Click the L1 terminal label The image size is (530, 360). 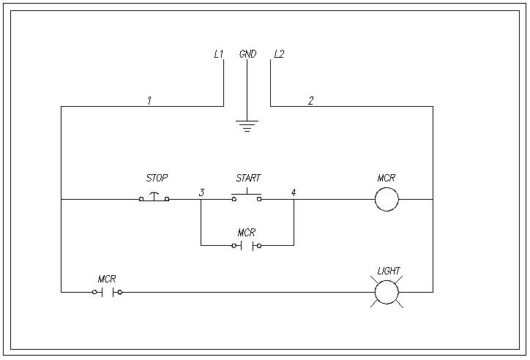218,54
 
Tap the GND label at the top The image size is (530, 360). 247,54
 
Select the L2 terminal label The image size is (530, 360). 279,54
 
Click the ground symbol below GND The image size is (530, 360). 247,125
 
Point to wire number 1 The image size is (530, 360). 149,101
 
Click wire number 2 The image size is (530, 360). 310,101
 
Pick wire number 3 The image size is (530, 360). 201,192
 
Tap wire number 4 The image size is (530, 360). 294,192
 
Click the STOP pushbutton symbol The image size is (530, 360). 154,198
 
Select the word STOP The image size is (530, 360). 157,178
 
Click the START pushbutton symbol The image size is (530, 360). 247,197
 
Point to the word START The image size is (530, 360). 248,178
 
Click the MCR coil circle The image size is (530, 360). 387,199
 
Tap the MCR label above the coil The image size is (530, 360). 387,178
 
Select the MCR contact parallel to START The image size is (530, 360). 247,246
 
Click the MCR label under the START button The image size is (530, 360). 247,233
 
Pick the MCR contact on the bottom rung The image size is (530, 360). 107,293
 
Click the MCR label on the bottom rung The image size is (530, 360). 107,279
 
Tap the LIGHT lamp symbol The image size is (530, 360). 387,293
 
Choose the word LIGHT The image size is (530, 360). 389,271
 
